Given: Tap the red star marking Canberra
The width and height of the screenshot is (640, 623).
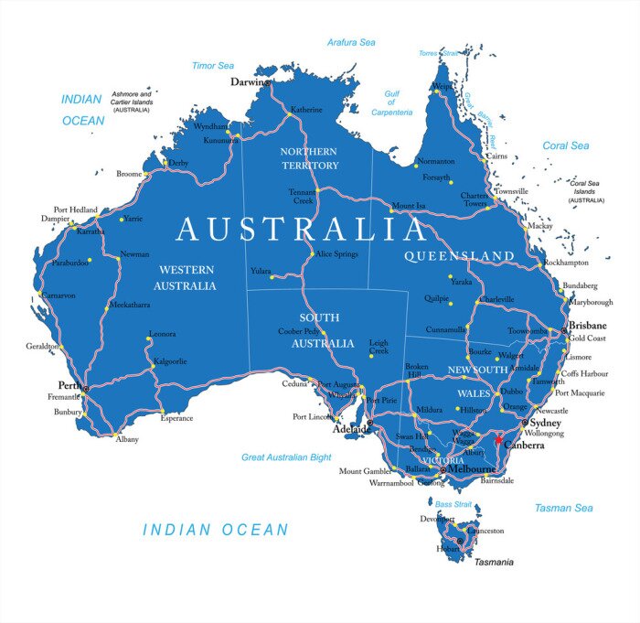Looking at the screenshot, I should pos(498,438).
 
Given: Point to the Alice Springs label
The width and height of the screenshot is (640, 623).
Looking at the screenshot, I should pos(336,253).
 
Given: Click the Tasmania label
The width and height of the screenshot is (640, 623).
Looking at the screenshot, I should pos(493,562).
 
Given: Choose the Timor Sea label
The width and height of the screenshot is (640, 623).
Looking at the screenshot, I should pos(213,66).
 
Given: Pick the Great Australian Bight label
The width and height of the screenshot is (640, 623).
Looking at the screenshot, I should pos(286,457).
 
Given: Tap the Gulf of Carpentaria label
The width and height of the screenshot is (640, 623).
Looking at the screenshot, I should pos(391,102).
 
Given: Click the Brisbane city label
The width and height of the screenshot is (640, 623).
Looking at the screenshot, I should pos(587,325).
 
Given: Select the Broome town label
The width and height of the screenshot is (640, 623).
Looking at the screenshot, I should pos(129,174).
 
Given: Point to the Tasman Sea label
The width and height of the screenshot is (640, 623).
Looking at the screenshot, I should pos(563,508).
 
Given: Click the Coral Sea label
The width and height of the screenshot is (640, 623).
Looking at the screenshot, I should pos(566,145).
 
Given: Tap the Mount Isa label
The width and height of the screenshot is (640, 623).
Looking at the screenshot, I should pos(408,206).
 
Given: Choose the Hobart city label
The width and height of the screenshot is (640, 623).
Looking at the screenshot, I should pos(449,549).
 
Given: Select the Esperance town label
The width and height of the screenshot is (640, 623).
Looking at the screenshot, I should pos(176,418).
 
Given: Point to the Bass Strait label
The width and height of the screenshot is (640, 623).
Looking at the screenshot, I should pos(453,504).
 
